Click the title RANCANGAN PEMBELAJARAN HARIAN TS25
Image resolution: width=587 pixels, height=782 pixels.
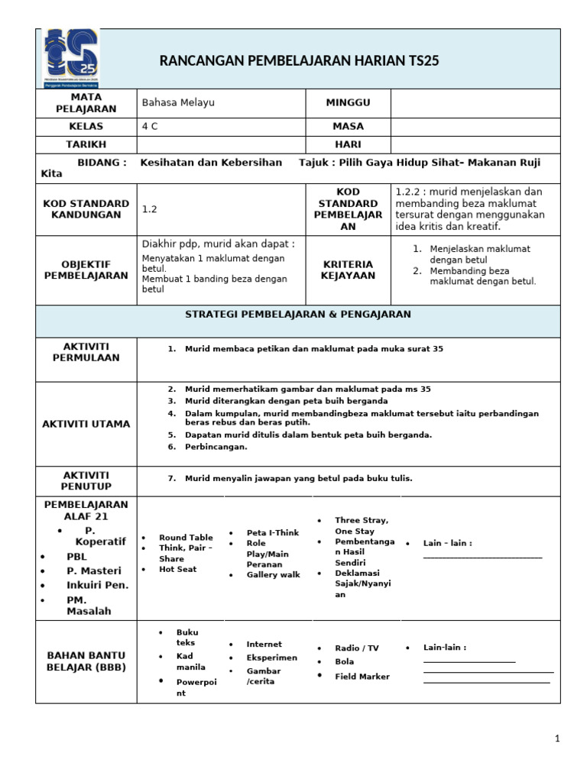pyautogui.click(x=299, y=61)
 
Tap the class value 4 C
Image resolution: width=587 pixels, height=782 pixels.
pyautogui.click(x=150, y=126)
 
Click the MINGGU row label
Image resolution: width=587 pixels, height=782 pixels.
pyautogui.click(x=348, y=102)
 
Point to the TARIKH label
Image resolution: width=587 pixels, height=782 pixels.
pyautogui.click(x=86, y=144)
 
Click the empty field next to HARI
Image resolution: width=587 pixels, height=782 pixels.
pyautogui.click(x=475, y=144)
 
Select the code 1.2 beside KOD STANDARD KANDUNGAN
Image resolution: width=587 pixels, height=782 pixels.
pyautogui.click(x=149, y=208)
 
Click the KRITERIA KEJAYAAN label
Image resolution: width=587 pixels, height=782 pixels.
pyautogui.click(x=348, y=270)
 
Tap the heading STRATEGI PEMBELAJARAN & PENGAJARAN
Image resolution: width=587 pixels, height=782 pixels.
pyautogui.click(x=298, y=314)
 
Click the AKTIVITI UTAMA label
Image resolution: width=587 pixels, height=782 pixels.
pyautogui.click(x=86, y=424)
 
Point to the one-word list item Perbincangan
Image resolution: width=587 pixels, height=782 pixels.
pyautogui.click(x=216, y=447)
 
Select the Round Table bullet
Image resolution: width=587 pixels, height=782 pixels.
pyautogui.click(x=186, y=538)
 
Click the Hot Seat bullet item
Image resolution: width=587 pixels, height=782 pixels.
pyautogui.click(x=177, y=569)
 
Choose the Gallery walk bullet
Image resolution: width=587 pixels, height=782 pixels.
pyautogui.click(x=273, y=575)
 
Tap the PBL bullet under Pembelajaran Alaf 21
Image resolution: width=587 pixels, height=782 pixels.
pyautogui.click(x=77, y=557)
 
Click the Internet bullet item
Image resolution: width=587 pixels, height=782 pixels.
pyautogui.click(x=264, y=645)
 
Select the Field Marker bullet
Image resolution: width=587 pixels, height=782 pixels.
pyautogui.click(x=362, y=677)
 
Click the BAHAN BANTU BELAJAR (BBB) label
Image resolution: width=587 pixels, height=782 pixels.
pyautogui.click(x=86, y=661)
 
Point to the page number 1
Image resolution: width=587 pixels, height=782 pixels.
pyautogui.click(x=557, y=738)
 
